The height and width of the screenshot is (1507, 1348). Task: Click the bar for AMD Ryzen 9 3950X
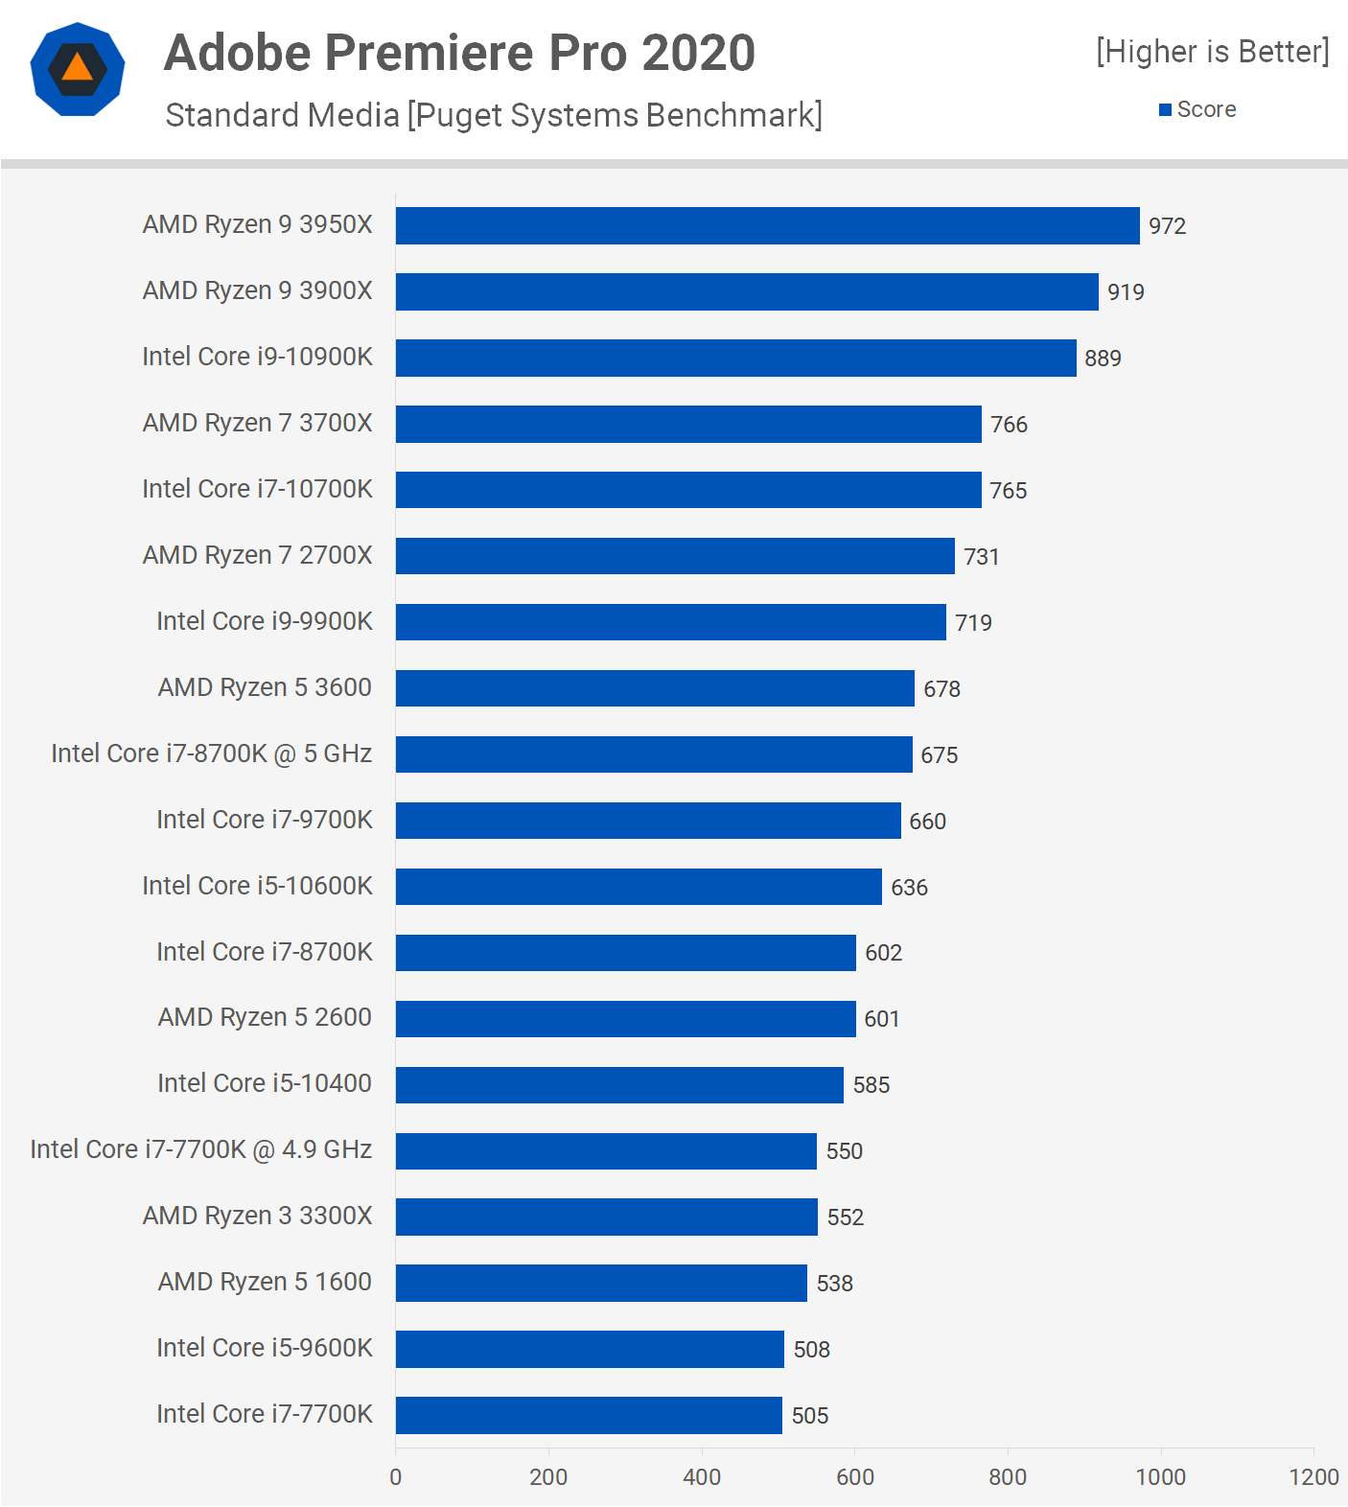click(x=767, y=225)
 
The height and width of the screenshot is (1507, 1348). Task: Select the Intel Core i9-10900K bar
click(x=735, y=358)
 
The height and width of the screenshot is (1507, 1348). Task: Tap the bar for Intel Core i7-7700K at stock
click(x=589, y=1415)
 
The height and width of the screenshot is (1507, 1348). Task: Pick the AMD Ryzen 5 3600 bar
click(x=655, y=688)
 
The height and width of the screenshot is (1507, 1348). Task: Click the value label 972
click(x=1167, y=226)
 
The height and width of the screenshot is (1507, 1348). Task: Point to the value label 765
click(x=1008, y=491)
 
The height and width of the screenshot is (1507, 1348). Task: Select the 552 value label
click(x=845, y=1217)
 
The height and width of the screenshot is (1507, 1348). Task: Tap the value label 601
click(x=881, y=1019)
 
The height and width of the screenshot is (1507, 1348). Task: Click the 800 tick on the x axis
click(x=1008, y=1476)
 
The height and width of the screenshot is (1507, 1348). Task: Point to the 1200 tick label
click(x=1313, y=1476)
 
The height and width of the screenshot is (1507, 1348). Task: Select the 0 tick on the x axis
click(x=396, y=1476)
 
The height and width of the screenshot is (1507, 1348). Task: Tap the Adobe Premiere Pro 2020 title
click(x=459, y=53)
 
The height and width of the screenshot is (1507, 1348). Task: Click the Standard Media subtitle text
click(x=494, y=115)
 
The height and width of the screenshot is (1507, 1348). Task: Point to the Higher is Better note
click(x=1212, y=51)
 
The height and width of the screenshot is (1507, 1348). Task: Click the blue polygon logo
click(x=78, y=69)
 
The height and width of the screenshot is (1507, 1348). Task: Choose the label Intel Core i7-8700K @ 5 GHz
click(x=211, y=753)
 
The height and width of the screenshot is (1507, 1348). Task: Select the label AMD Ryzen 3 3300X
click(x=257, y=1216)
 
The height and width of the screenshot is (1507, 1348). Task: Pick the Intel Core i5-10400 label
click(x=264, y=1083)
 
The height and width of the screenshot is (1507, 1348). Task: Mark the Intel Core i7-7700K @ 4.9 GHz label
click(x=200, y=1149)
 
